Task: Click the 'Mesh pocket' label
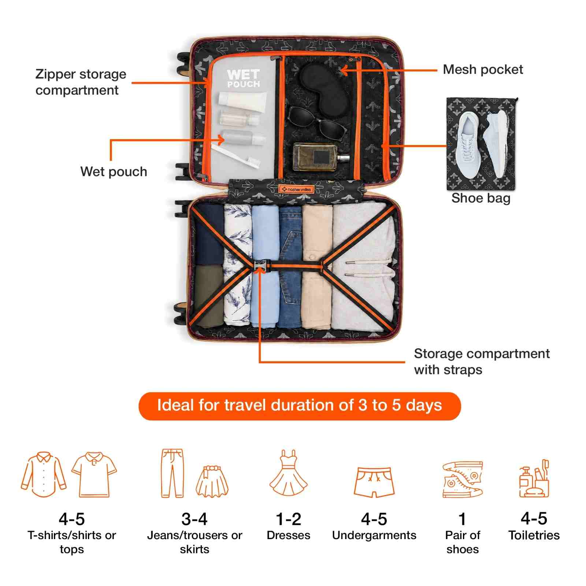483,69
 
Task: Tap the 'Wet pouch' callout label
114,171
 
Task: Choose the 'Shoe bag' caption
481,198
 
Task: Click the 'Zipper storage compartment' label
81,82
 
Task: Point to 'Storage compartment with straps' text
482,361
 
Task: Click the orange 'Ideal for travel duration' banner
299,406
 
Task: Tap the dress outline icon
289,474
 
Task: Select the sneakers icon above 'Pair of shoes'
463,479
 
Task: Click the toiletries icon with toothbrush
534,478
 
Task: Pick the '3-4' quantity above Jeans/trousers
194,519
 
